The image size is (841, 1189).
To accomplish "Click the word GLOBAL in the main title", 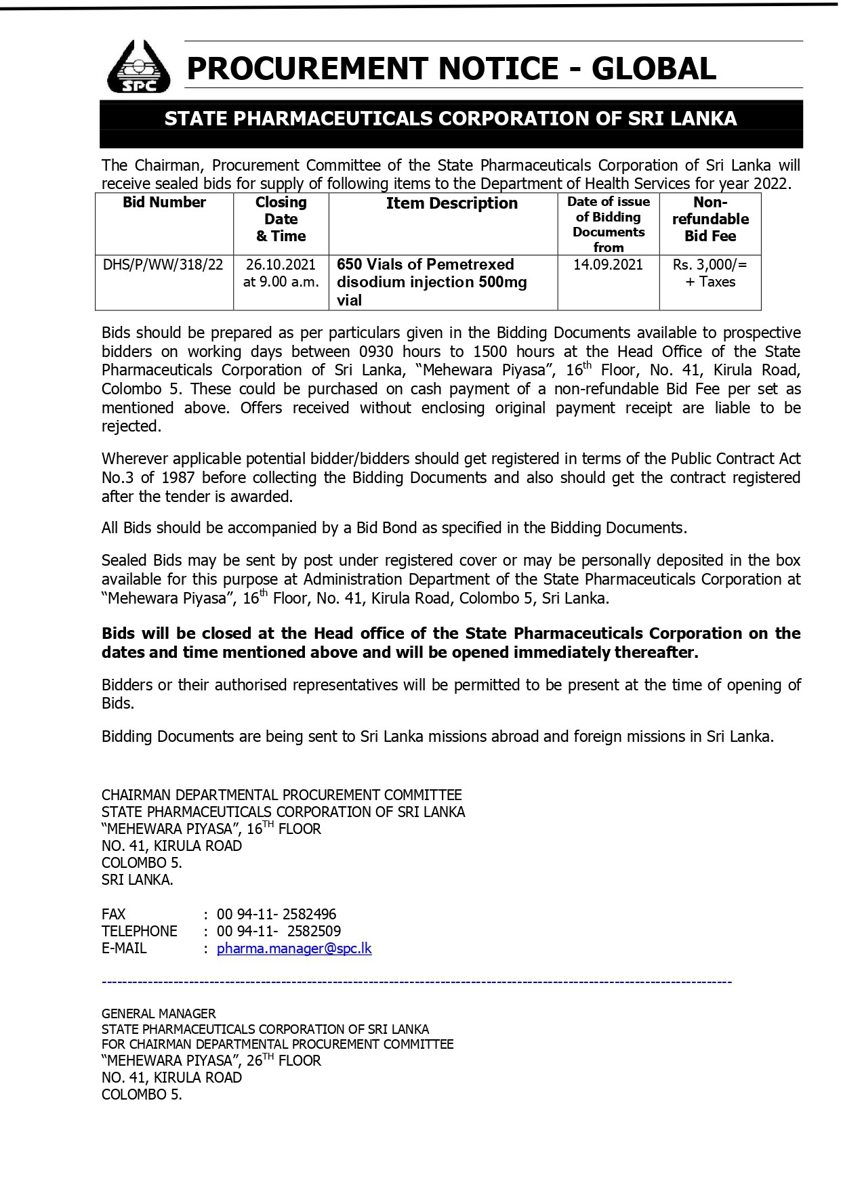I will [653, 68].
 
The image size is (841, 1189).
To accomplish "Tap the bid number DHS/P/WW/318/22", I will [163, 265].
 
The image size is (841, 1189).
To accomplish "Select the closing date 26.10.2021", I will [281, 265].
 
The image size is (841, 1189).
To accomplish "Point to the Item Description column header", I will [451, 203].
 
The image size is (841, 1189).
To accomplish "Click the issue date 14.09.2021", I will [608, 265].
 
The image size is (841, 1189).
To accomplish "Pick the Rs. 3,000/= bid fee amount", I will [710, 265].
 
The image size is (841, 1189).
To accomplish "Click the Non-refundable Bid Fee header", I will [710, 219].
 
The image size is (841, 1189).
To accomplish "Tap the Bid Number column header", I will [164, 203].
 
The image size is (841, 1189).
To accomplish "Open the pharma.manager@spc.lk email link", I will [294, 948].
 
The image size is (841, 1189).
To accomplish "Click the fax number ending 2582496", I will [276, 915].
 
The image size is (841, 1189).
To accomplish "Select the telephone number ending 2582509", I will [279, 932].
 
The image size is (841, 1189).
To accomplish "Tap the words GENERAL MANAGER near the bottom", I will [159, 1014].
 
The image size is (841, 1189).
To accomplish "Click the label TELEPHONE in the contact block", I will [140, 932].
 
